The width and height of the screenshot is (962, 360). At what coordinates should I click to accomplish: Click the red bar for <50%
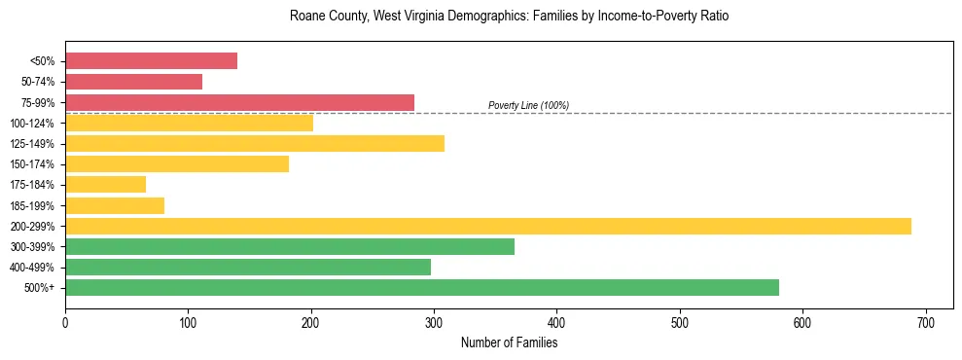151,60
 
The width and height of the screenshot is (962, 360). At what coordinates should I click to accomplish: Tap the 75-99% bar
239,102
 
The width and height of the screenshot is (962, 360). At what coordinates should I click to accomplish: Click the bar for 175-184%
105,184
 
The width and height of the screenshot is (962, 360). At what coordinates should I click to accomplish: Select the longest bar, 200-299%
488,226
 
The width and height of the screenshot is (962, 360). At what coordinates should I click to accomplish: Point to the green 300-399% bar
290,246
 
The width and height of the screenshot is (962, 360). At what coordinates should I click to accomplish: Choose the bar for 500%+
422,287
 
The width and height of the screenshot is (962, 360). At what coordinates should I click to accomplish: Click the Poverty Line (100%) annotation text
528,105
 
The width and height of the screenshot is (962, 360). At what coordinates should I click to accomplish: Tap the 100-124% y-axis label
32,124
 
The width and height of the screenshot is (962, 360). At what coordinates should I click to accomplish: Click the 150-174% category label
32,164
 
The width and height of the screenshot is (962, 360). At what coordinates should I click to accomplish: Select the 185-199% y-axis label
32,205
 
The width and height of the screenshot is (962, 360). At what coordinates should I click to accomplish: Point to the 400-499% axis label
32,268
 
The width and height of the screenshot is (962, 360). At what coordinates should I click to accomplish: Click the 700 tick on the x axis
926,323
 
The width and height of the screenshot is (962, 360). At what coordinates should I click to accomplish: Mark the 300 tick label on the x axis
434,323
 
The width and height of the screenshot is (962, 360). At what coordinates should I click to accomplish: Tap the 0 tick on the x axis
65,323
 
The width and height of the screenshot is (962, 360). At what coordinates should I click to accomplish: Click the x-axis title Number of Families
509,342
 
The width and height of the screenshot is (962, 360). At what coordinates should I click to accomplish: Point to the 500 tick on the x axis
680,323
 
